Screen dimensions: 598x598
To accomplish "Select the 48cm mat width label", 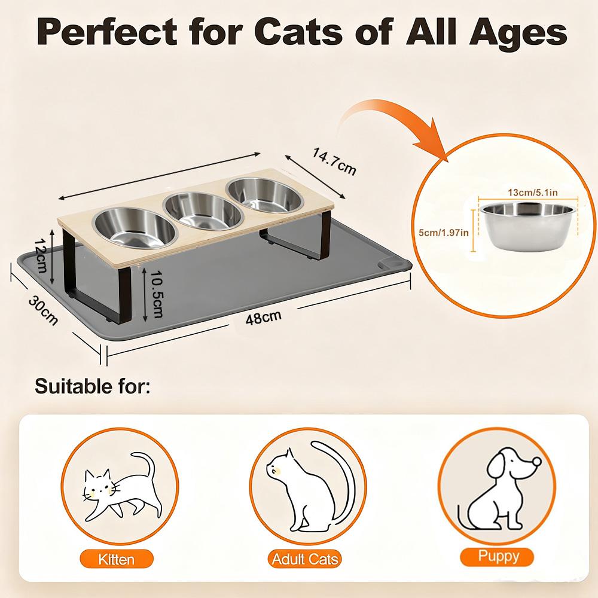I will coord(264,318).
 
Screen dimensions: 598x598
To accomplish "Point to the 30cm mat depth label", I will coord(43,310).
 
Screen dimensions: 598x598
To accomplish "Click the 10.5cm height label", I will coord(156,294).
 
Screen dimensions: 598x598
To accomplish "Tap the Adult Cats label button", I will coord(304,559).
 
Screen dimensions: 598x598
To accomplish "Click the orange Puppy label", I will coord(498,556).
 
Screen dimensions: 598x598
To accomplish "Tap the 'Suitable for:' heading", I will coord(92,386).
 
